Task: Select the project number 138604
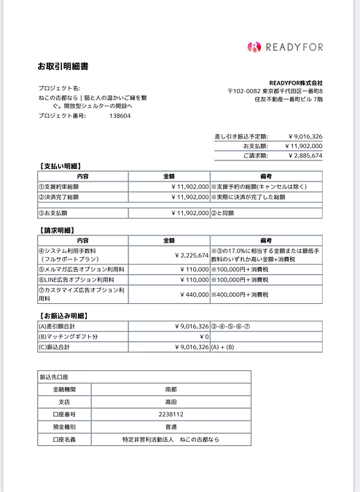pyautogui.click(x=120, y=115)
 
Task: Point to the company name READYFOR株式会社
pyautogui.click(x=296, y=82)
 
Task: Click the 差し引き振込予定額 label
pyautogui.click(x=241, y=136)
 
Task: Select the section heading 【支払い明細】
pyautogui.click(x=60, y=166)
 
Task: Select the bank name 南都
pyautogui.click(x=171, y=389)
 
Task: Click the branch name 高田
pyautogui.click(x=171, y=401)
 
